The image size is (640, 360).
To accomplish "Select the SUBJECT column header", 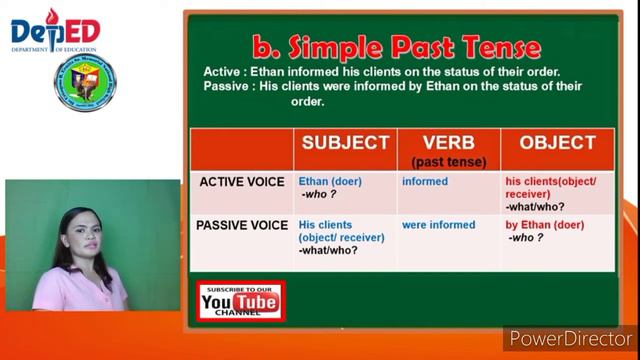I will pos(345,143).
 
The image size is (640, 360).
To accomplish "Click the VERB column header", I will pos(447,142).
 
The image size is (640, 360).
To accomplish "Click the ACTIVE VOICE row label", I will pos(242,182).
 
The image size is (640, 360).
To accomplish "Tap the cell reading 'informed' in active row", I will pos(425,182).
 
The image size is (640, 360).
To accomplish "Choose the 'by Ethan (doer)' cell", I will pos(544,226).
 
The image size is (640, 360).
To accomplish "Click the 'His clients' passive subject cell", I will pos(327,226).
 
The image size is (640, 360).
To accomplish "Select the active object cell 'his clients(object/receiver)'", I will pos(552,188).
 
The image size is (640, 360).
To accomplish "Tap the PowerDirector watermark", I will pos(570,339).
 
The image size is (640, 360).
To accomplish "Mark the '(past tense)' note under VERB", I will pos(446,160).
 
